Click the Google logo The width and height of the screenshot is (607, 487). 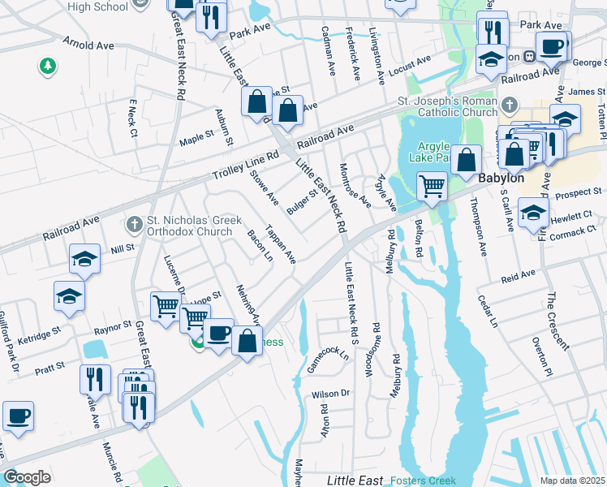27,477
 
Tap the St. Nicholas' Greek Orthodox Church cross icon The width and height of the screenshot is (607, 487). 136,222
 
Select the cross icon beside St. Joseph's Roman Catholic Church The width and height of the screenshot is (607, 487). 509,105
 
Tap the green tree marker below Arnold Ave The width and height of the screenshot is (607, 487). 48,65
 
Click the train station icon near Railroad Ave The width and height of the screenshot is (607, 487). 529,57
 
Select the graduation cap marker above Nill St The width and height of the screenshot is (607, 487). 84,258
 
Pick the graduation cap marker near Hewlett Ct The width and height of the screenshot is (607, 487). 533,213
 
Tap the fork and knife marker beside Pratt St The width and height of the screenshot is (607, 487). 95,378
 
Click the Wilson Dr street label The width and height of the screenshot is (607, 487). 330,394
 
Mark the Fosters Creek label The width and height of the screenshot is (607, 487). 421,480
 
